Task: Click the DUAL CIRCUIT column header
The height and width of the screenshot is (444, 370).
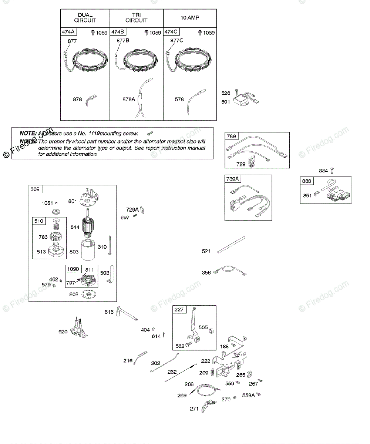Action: (85, 18)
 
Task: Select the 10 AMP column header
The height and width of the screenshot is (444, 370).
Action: (190, 18)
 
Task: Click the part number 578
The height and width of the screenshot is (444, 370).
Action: (179, 99)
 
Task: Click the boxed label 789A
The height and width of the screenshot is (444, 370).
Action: (232, 179)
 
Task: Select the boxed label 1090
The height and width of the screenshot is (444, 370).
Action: (73, 269)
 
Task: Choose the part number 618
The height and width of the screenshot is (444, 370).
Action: (109, 312)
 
